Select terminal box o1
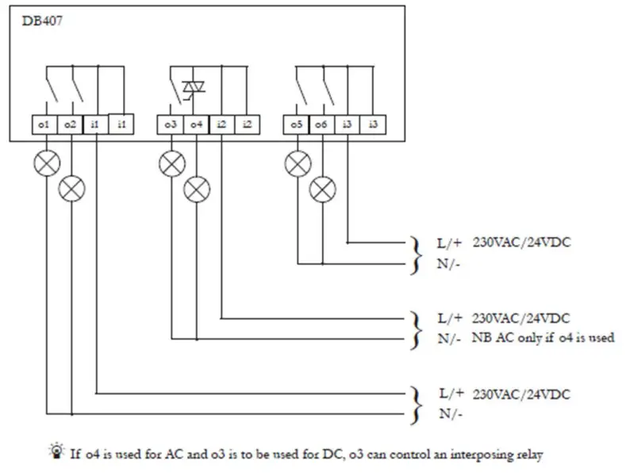tap(44, 124)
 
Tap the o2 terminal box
tap(70, 124)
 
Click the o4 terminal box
tap(196, 124)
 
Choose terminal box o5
tap(297, 124)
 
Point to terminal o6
tap(321, 124)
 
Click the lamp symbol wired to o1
tap(47, 164)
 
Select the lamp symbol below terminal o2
tap(72, 189)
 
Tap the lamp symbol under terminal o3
tap(172, 164)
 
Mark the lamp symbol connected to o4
tap(196, 189)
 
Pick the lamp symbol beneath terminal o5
tap(298, 164)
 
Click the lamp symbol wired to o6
tap(321, 189)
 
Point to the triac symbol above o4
tap(194, 86)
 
